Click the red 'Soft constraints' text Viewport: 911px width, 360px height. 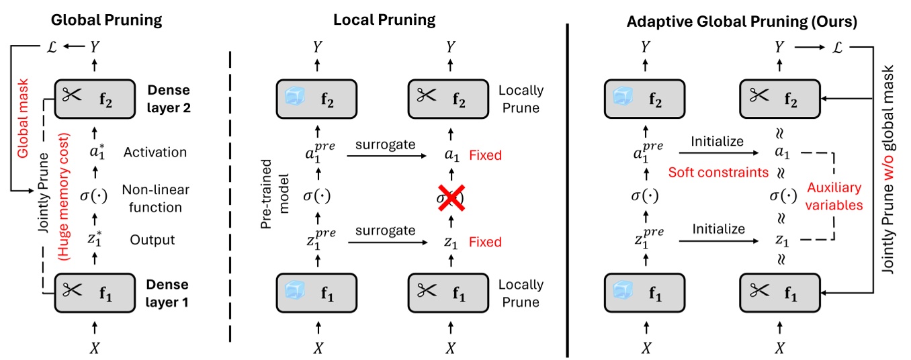tap(718, 173)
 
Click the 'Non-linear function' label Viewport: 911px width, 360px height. tap(154, 199)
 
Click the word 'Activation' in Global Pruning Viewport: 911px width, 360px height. tap(155, 152)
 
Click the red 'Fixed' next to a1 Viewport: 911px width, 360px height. tap(485, 156)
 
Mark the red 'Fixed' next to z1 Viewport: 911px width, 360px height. tap(485, 242)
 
